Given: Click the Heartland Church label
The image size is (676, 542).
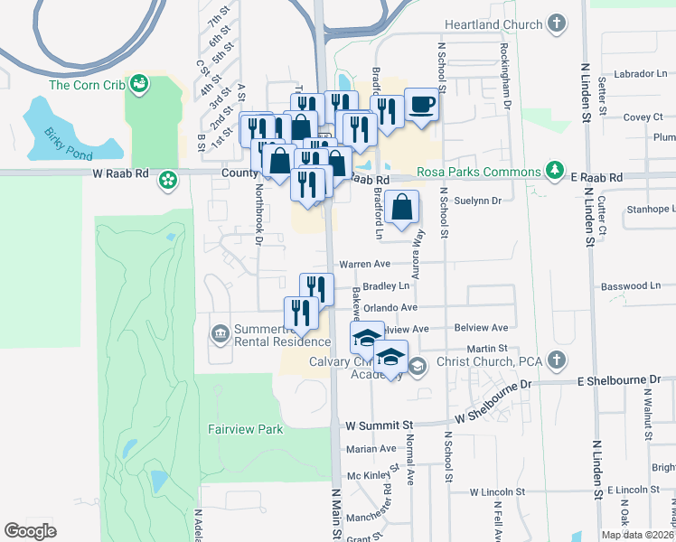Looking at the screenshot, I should pyautogui.click(x=493, y=24).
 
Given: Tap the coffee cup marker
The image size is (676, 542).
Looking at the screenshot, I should pyautogui.click(x=422, y=106).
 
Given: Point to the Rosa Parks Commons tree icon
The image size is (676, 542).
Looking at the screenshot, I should pyautogui.click(x=553, y=172).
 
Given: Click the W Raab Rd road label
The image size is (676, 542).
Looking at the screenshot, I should pyautogui.click(x=117, y=173).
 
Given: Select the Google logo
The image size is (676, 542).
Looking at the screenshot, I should pyautogui.click(x=31, y=531).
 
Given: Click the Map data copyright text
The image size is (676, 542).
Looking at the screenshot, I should pyautogui.click(x=637, y=535).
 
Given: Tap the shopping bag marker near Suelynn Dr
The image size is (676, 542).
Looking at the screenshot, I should pyautogui.click(x=405, y=207).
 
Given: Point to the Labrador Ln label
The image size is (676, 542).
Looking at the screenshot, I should pyautogui.click(x=638, y=73).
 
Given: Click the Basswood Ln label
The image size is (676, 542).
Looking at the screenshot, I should pyautogui.click(x=631, y=285).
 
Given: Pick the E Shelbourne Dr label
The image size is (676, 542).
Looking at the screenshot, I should pyautogui.click(x=624, y=380).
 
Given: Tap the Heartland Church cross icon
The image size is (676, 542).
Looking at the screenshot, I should pyautogui.click(x=557, y=24).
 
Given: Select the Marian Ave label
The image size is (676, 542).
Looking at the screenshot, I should pyautogui.click(x=371, y=448).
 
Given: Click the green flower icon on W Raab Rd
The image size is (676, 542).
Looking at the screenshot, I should pyautogui.click(x=168, y=181).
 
